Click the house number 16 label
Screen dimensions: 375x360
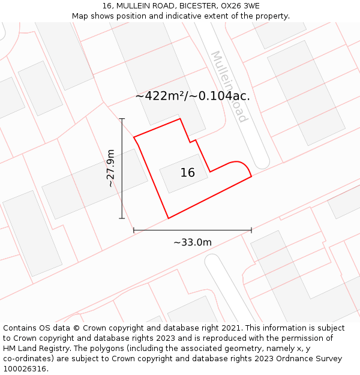click(187, 173)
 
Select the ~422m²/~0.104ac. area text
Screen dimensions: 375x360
click(193, 96)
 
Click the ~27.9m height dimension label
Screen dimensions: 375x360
click(111, 169)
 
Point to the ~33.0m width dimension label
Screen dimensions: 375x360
click(193, 242)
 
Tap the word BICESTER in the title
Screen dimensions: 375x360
click(190, 5)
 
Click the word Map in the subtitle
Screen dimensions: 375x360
click(80, 16)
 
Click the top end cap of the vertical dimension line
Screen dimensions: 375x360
click(122, 119)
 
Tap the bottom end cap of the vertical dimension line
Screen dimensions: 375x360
click(122, 218)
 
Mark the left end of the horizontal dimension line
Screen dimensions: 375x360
click(134, 230)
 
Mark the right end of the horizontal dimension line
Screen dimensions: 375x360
click(251, 230)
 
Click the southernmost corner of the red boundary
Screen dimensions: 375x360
click(169, 218)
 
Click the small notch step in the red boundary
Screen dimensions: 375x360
click(193, 141)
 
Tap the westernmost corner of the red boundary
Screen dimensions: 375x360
click(134, 137)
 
